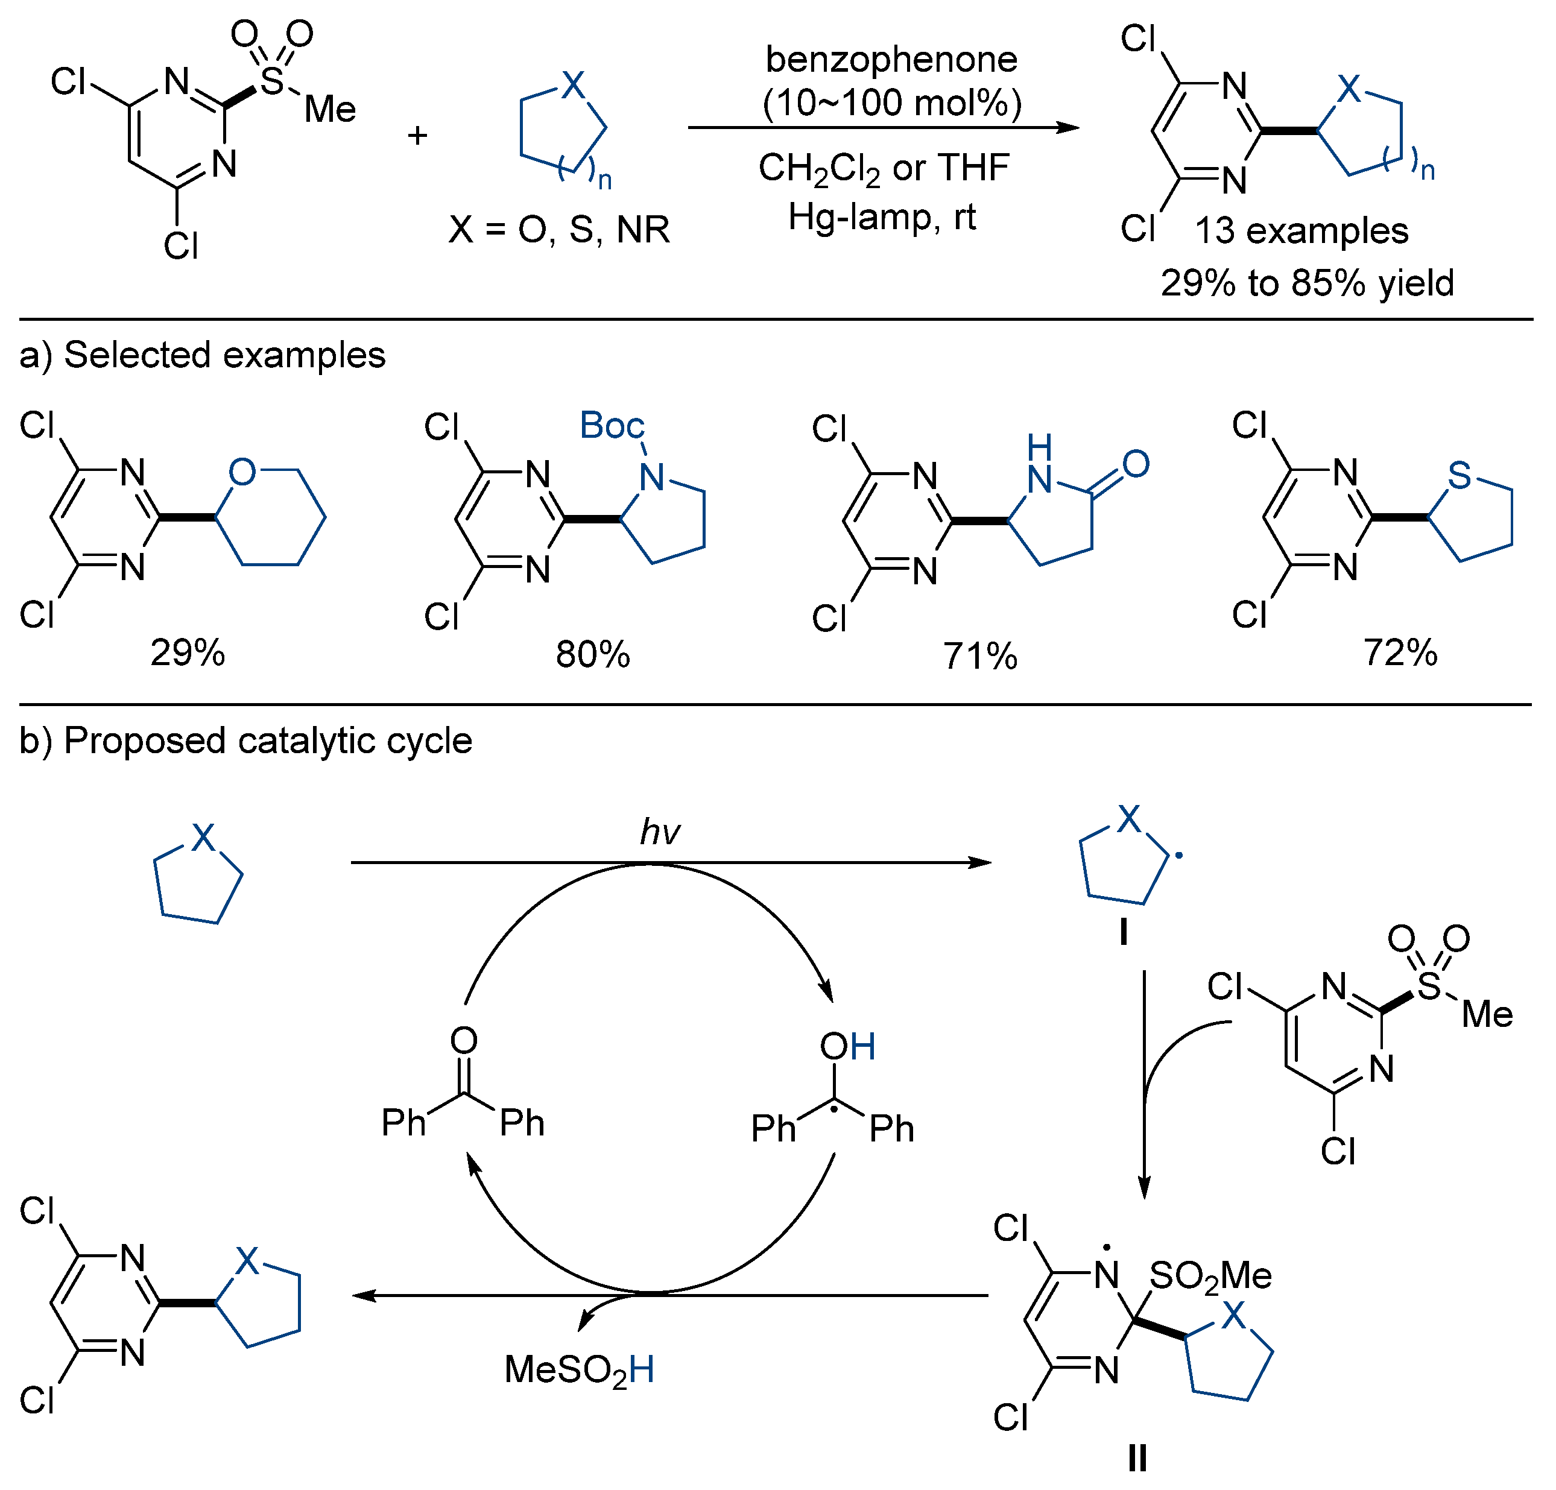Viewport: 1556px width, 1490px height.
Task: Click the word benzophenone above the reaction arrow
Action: [891, 60]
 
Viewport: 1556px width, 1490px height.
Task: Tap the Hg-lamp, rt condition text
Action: [881, 216]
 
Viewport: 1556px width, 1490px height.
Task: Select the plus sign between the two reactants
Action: [417, 136]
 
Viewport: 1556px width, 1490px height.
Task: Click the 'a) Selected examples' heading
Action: [203, 355]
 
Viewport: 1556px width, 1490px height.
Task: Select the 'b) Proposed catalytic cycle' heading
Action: [246, 740]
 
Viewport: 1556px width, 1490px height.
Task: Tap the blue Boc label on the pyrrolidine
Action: [612, 426]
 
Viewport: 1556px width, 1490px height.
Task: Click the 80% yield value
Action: [592, 655]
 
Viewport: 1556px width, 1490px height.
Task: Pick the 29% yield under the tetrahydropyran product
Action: [188, 652]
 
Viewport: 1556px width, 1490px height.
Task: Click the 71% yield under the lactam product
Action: [979, 657]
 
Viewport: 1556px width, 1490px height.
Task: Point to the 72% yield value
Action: [1400, 652]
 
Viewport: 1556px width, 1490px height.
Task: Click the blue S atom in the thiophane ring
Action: [1459, 476]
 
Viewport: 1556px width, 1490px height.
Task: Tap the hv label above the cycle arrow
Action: [660, 832]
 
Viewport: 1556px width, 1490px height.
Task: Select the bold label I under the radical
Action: [1124, 932]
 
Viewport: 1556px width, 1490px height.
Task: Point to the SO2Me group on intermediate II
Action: [1210, 1276]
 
